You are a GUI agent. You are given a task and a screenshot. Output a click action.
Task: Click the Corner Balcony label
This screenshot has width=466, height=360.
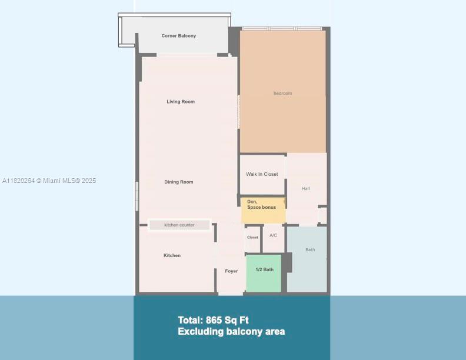[179, 36]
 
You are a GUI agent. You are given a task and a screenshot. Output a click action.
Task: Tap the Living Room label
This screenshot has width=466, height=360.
[181, 102]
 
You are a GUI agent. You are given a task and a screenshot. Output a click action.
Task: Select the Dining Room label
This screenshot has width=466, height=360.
[179, 182]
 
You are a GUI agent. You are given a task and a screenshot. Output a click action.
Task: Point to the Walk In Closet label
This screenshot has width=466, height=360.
[262, 174]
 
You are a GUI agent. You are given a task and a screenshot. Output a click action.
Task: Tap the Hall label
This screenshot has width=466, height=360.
[306, 189]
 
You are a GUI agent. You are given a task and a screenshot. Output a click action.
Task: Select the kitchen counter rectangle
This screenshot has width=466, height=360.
[179, 225]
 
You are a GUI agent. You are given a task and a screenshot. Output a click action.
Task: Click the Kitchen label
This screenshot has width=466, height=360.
[172, 255]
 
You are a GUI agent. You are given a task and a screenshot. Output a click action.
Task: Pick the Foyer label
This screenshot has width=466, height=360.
[231, 271]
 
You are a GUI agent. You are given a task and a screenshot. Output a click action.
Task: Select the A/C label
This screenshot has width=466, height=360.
[273, 235]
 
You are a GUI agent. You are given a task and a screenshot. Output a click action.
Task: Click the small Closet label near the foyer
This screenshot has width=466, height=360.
[252, 238]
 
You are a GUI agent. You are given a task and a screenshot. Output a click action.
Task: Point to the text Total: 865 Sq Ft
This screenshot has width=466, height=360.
[213, 321]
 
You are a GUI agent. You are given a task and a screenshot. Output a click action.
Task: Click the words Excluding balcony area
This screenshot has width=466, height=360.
[231, 332]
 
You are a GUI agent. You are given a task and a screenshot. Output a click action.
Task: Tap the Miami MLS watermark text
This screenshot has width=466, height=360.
[49, 181]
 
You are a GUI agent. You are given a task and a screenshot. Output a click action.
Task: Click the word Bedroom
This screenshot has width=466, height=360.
[282, 94]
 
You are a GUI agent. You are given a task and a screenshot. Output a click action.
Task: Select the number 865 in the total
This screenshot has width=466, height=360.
[215, 321]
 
